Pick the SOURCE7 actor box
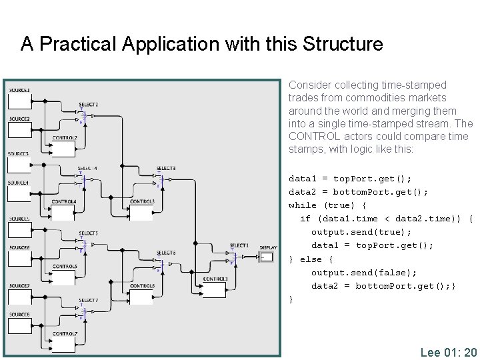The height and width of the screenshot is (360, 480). (20, 297)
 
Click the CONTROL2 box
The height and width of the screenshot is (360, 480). (65, 147)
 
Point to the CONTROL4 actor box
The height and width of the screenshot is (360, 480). (64, 212)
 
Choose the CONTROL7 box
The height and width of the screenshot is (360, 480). (64, 343)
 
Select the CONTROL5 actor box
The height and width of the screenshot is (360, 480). (64, 277)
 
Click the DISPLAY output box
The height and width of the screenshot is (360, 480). (266, 257)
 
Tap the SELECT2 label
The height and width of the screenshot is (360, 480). (88, 105)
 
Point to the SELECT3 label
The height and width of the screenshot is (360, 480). (166, 168)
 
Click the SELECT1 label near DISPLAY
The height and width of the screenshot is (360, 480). (239, 245)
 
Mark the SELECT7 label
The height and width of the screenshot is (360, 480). (88, 301)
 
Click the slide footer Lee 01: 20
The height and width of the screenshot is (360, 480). (448, 352)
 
